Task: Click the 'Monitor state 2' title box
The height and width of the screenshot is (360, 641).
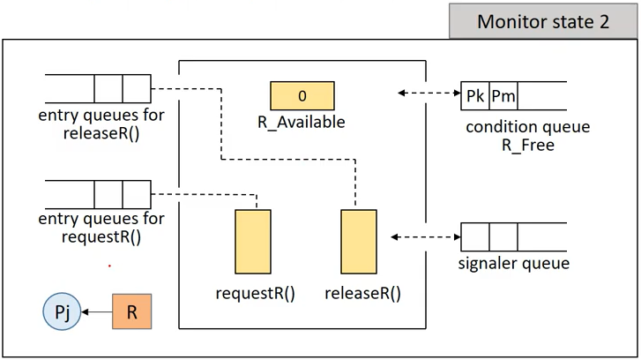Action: pyautogui.click(x=543, y=21)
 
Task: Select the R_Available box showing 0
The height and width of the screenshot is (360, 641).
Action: pyautogui.click(x=302, y=95)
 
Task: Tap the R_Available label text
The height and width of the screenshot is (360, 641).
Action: pyautogui.click(x=302, y=122)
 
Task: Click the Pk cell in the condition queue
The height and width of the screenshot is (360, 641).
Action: pyautogui.click(x=475, y=96)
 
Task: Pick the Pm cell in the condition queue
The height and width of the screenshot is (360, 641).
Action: pyautogui.click(x=503, y=96)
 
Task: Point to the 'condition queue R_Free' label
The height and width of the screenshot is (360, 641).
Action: pyautogui.click(x=528, y=136)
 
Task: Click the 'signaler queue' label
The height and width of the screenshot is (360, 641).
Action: pyautogui.click(x=513, y=263)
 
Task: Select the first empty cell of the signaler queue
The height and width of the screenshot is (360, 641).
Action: pyautogui.click(x=475, y=236)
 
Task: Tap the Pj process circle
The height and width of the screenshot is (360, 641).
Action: pyautogui.click(x=62, y=311)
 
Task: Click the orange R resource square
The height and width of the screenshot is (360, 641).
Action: pyautogui.click(x=131, y=311)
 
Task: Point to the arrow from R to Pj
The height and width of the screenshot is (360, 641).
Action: pyautogui.click(x=97, y=312)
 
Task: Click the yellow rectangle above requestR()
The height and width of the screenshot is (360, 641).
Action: pyautogui.click(x=253, y=242)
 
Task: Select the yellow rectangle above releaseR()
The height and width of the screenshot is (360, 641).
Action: pyautogui.click(x=359, y=242)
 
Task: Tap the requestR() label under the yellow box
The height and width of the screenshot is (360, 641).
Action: pyautogui.click(x=255, y=293)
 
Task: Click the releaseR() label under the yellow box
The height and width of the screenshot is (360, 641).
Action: pyautogui.click(x=362, y=293)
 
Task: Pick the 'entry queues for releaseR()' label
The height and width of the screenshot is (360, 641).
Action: pyautogui.click(x=101, y=124)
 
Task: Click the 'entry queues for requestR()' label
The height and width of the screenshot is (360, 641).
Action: pyautogui.click(x=101, y=228)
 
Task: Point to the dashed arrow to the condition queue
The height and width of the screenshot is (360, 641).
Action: pyautogui.click(x=429, y=93)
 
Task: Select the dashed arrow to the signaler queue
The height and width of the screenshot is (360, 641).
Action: pyautogui.click(x=426, y=236)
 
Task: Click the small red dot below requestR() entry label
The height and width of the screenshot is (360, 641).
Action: pyautogui.click(x=109, y=266)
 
